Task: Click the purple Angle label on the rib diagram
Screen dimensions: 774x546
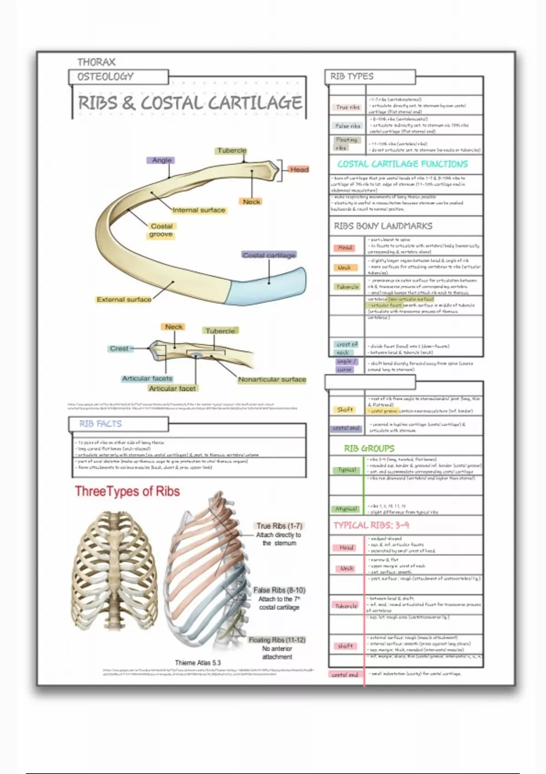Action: tap(162, 160)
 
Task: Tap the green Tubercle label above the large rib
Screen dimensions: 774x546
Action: tap(232, 150)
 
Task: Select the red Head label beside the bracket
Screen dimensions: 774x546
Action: tap(299, 169)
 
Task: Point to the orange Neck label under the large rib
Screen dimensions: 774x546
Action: tap(251, 201)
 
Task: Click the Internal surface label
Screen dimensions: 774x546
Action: tap(199, 210)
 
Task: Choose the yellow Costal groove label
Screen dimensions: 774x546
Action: tap(162, 230)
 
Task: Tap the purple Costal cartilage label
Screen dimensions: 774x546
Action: tap(269, 255)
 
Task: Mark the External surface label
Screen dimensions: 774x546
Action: tap(124, 299)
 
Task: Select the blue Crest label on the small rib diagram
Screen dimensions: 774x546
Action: tap(119, 348)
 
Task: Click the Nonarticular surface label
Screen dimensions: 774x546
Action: tap(272, 379)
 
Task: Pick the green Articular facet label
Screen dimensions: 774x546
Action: tap(172, 388)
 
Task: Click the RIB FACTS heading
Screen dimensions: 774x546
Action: tap(101, 424)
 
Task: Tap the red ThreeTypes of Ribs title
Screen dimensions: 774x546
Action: tap(127, 491)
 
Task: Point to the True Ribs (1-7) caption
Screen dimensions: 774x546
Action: tap(279, 526)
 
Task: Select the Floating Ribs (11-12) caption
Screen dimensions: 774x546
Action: tap(277, 640)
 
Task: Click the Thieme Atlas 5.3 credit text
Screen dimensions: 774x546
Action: tap(197, 663)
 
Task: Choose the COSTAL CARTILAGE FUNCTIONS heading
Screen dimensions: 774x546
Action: tap(402, 164)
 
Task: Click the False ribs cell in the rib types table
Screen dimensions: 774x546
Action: tap(348, 126)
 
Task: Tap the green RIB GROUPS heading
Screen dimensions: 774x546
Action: tap(369, 448)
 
